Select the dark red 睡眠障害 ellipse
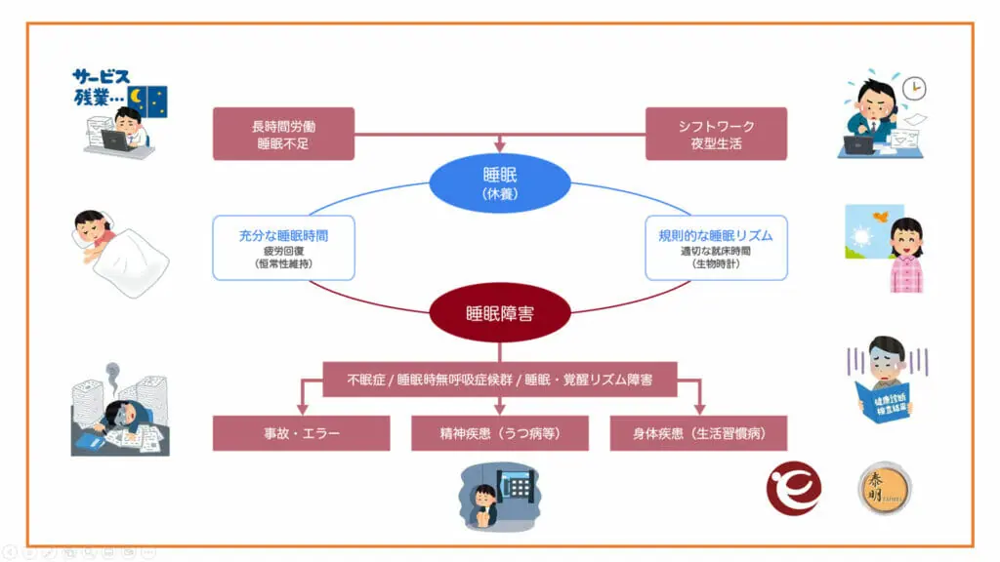(500, 314)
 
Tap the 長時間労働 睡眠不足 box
(283, 135)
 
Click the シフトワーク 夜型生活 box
(716, 135)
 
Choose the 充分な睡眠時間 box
(283, 248)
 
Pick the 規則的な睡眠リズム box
(716, 248)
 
